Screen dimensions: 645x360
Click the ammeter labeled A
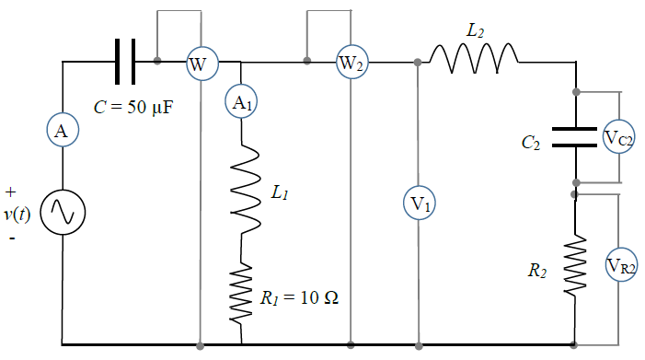[x=63, y=130]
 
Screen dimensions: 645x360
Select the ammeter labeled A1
[x=241, y=101]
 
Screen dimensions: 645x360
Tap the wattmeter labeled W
[x=202, y=64]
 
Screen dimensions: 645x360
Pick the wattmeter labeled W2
[x=352, y=62]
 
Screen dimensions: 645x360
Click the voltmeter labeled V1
[x=420, y=203]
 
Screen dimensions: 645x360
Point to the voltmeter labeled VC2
[x=618, y=137]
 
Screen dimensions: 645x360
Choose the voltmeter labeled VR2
[x=621, y=264]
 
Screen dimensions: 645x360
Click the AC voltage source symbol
[x=63, y=213]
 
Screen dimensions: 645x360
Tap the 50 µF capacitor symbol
[x=125, y=62]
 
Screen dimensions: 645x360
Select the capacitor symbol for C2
[x=574, y=137]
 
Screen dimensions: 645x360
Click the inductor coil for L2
[x=474, y=58]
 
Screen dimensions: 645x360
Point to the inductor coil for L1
[x=245, y=189]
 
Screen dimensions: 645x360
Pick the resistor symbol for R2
[x=575, y=265]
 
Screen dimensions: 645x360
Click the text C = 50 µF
[x=133, y=107]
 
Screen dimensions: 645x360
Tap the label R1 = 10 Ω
[x=299, y=297]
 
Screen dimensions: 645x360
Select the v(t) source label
[x=17, y=214]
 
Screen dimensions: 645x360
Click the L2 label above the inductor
[x=475, y=31]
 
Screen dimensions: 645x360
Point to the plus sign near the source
[x=11, y=192]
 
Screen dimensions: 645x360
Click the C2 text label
[x=531, y=143]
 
